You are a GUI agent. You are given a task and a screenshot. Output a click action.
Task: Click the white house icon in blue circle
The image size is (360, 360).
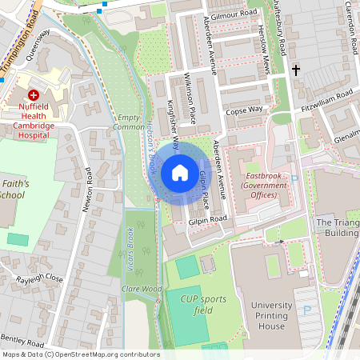[180, 172]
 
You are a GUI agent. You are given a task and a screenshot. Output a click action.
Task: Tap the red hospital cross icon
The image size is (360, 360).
[34, 94]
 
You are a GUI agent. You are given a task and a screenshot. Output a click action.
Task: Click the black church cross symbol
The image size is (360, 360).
[296, 70]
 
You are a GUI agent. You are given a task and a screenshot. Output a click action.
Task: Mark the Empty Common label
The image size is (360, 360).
[129, 122]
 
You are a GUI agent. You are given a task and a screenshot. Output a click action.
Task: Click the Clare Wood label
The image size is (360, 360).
[142, 288]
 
